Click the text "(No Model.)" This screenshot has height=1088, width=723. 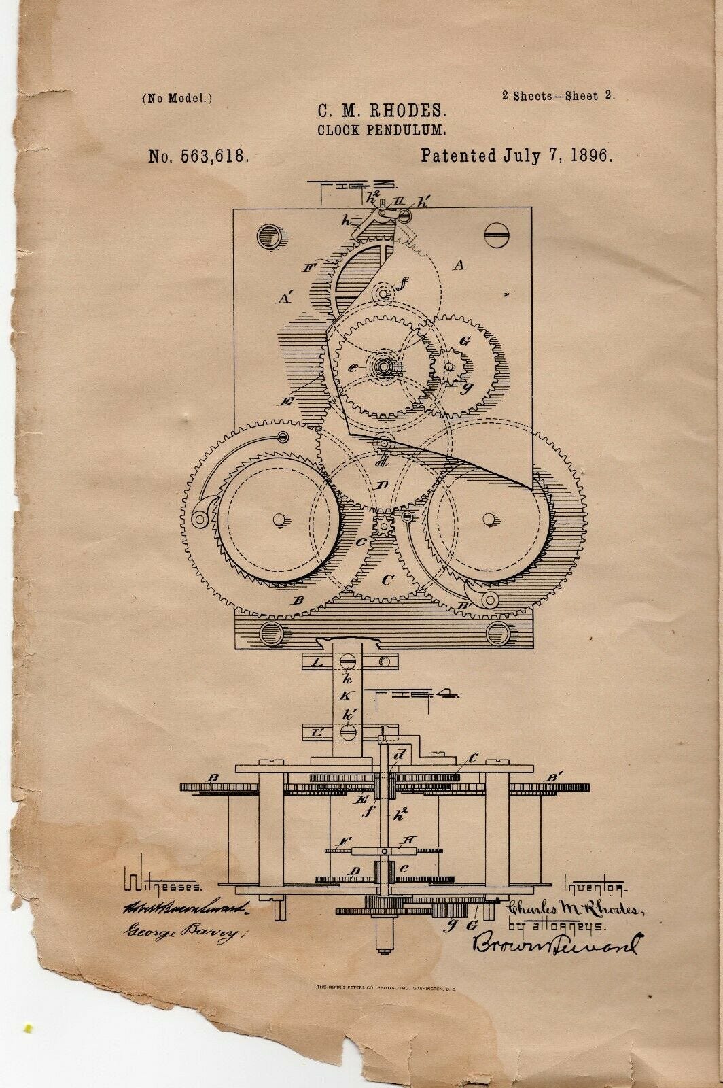(x=177, y=98)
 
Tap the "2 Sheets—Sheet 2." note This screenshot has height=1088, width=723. (x=559, y=96)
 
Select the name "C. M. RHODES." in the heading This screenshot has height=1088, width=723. (x=370, y=109)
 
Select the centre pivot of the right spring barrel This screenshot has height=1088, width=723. (x=487, y=519)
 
